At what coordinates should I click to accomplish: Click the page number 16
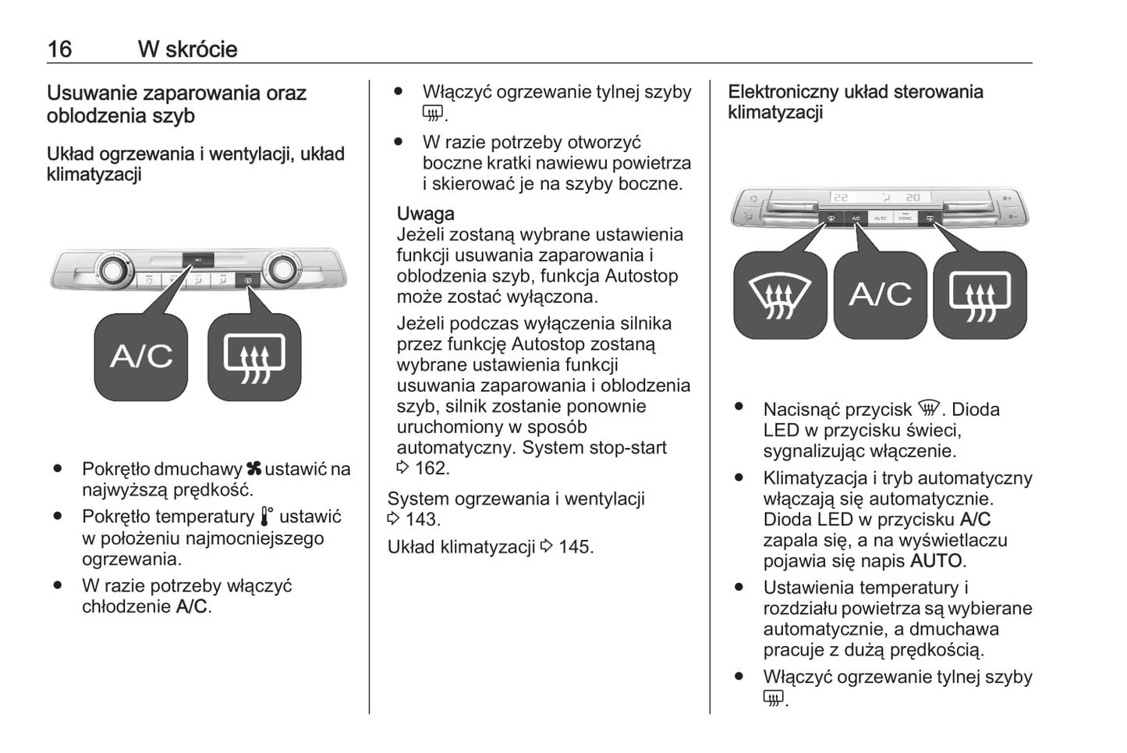click(x=59, y=49)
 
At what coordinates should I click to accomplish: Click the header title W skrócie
click(x=187, y=49)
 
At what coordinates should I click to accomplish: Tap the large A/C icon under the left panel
click(x=141, y=357)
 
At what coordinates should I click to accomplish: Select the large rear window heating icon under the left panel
click(x=254, y=357)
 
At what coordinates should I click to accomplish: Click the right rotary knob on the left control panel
click(x=280, y=270)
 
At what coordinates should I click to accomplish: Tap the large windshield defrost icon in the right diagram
click(x=780, y=296)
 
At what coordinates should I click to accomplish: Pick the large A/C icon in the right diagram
click(x=880, y=296)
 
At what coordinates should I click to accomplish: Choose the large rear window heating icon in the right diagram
click(x=980, y=296)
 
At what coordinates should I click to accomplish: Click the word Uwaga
click(x=425, y=214)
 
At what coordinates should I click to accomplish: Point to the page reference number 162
click(x=431, y=468)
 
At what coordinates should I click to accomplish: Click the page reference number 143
click(x=422, y=520)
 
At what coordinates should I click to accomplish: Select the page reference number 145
click(x=575, y=547)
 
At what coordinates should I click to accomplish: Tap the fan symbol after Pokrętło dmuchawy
click(x=253, y=469)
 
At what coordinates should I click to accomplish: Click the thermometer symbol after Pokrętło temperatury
click(x=267, y=517)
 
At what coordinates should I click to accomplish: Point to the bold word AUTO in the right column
click(x=936, y=561)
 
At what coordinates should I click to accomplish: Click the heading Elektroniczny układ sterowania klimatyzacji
click(x=855, y=102)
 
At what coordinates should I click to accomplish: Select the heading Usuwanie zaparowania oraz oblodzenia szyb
click(x=176, y=105)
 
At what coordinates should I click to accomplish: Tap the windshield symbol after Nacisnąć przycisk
click(x=929, y=409)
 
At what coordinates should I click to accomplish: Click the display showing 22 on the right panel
click(x=841, y=197)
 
